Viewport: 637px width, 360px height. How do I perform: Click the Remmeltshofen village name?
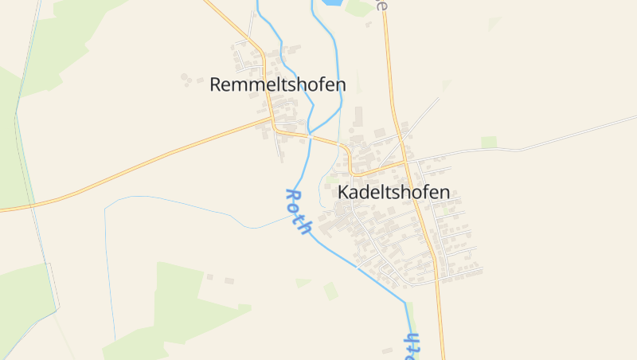click(278, 84)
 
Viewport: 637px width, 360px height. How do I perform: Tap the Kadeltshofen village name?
click(393, 192)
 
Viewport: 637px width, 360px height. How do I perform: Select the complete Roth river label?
click(298, 212)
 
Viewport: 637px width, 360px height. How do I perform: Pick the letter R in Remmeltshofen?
click(216, 84)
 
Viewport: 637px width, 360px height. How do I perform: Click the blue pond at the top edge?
click(330, 3)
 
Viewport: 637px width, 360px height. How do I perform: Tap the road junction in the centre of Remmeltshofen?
click(272, 122)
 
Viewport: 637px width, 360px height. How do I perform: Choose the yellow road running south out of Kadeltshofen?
click(439, 319)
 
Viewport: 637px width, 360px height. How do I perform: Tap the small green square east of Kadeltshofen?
click(488, 142)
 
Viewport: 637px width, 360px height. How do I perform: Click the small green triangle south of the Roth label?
click(303, 282)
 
